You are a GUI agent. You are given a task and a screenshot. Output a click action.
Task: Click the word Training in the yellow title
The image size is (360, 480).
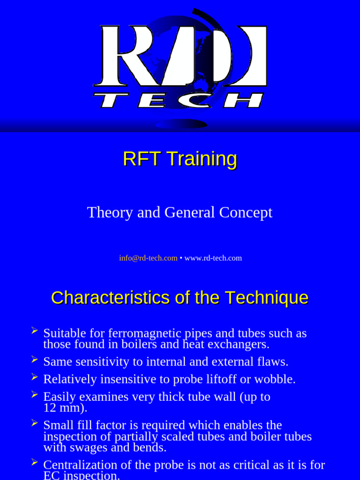202,159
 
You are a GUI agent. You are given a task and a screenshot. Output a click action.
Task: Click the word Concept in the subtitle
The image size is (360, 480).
246,213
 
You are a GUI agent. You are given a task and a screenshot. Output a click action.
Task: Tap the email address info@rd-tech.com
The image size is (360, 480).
148,258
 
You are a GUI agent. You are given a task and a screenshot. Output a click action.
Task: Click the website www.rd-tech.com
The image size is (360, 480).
213,258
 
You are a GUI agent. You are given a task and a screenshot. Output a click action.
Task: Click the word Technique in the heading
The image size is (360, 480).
266,298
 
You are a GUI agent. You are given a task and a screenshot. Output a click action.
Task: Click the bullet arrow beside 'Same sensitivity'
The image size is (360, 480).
34,360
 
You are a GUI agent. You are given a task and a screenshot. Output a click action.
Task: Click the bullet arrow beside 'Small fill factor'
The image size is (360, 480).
34,423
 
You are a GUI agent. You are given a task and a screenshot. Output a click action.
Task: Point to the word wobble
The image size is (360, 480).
277,379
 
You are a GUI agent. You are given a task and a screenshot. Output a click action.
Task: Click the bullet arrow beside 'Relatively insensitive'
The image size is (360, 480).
34,376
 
